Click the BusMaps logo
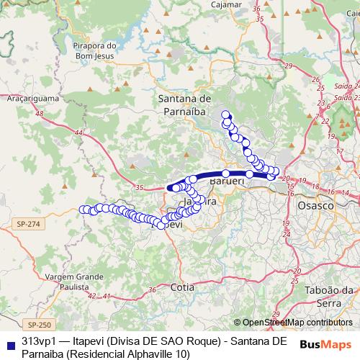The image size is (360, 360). coord(326,345)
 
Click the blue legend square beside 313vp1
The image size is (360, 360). coord(9,340)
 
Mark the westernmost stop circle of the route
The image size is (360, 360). coord(82,210)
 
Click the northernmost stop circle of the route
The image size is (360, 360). coord(225,114)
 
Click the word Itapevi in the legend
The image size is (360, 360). coord(94,340)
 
